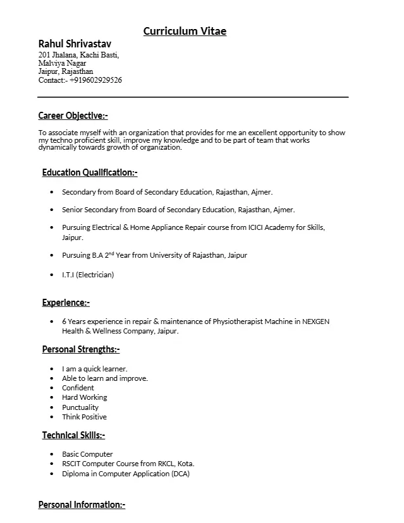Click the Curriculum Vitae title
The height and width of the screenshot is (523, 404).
185,31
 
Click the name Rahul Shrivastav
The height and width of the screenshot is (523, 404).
75,44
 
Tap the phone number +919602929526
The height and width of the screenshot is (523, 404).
95,80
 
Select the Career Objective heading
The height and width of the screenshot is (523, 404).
73,116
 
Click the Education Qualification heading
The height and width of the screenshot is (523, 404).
90,172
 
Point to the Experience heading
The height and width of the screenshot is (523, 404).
66,303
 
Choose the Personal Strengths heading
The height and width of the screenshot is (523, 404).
80,349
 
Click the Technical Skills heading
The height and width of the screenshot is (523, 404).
73,435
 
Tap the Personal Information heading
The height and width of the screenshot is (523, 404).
82,505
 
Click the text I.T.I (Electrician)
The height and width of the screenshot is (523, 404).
88,275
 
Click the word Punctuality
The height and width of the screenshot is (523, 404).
80,407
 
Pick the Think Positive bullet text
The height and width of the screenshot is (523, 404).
84,417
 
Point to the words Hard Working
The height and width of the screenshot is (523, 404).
84,397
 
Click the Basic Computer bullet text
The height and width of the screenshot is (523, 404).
87,454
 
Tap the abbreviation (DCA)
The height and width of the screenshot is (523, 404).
180,474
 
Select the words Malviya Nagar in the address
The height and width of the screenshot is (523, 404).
62,63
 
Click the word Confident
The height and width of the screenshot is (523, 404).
78,388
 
